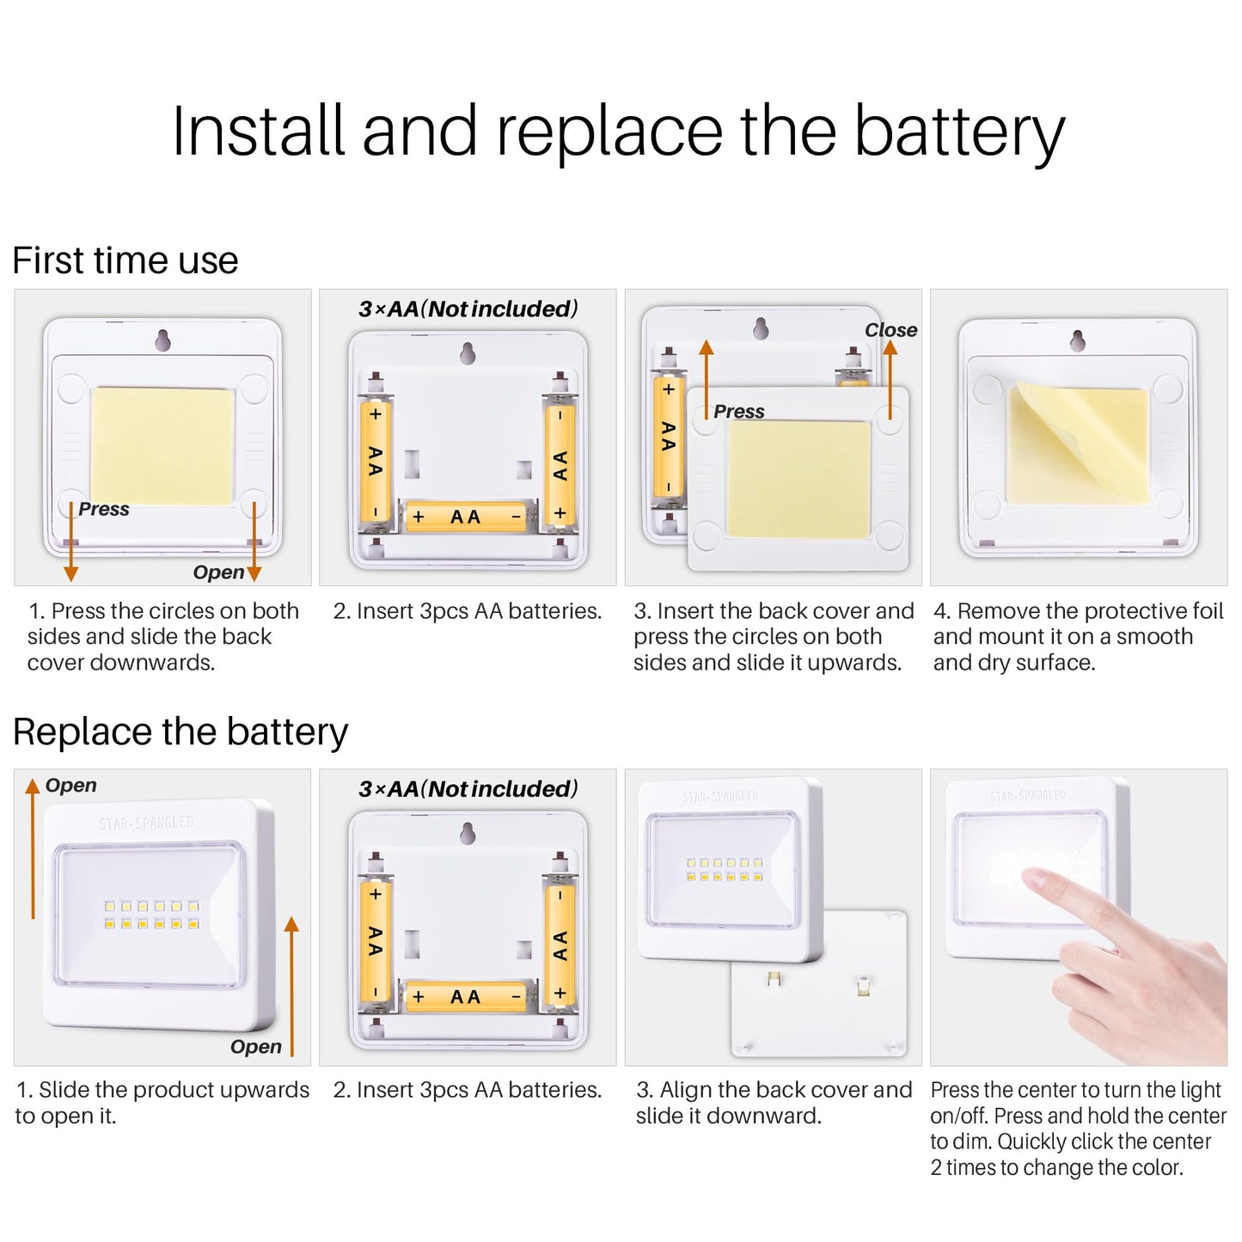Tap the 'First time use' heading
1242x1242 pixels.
(x=125, y=260)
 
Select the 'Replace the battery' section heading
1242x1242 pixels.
(x=180, y=732)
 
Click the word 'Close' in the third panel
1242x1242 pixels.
(x=890, y=330)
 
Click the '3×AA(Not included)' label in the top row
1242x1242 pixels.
(x=468, y=309)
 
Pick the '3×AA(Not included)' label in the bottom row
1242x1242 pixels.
(x=468, y=789)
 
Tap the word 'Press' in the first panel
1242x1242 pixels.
(x=104, y=509)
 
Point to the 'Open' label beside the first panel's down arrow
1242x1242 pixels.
(x=218, y=572)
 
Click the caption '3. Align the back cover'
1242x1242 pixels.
(x=774, y=1090)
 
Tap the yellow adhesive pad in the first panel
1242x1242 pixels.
(x=162, y=446)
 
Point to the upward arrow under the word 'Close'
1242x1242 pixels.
(x=890, y=379)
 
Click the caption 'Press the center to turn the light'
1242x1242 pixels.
(x=1076, y=1090)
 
